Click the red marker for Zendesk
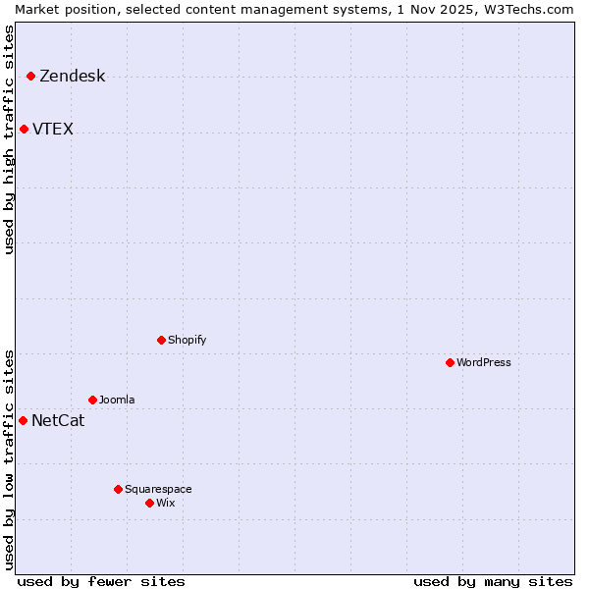point(30,76)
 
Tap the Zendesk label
point(72,77)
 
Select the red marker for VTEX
point(24,129)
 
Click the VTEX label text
point(53,130)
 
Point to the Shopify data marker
point(161,340)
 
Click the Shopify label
point(187,341)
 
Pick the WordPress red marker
point(450,362)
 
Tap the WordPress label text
point(483,363)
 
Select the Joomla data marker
point(92,400)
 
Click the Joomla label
point(117,401)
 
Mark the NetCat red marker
point(23,420)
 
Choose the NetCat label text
point(58,421)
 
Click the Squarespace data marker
point(118,489)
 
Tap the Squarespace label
point(158,490)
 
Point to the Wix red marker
point(149,503)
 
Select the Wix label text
point(166,504)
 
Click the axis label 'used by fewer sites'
point(101,581)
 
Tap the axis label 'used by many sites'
point(493,581)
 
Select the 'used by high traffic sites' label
point(10,139)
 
